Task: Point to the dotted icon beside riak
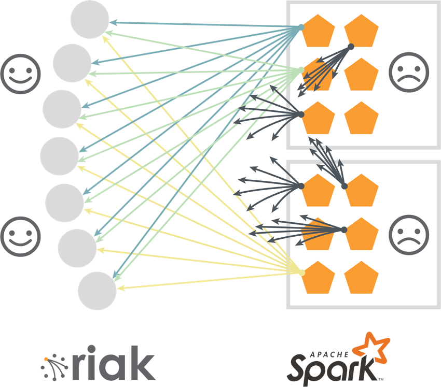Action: coord(54,365)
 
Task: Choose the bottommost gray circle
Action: coord(98,291)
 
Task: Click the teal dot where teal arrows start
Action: coord(301,27)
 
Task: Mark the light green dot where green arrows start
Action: coord(301,70)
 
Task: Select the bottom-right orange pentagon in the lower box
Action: coord(361,278)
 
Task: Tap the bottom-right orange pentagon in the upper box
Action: coord(361,118)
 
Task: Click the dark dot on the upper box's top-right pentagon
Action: coord(351,47)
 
